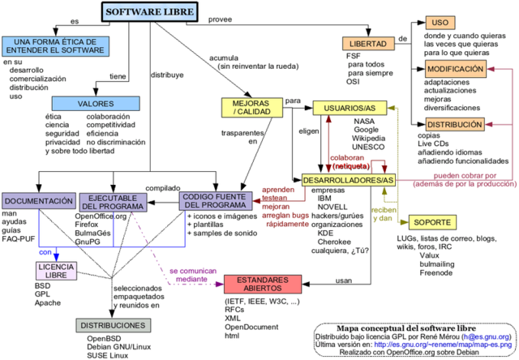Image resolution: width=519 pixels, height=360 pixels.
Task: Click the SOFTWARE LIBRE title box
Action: pyautogui.click(x=150, y=12)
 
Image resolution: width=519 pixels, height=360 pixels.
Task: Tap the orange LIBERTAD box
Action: pyautogui.click(x=368, y=43)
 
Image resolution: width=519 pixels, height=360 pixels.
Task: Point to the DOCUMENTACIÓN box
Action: pyautogui.click(x=38, y=201)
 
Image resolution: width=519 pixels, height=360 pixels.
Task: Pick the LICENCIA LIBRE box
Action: pyautogui.click(x=58, y=272)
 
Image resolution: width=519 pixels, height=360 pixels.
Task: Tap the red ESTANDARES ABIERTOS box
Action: pyautogui.click(x=263, y=284)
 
